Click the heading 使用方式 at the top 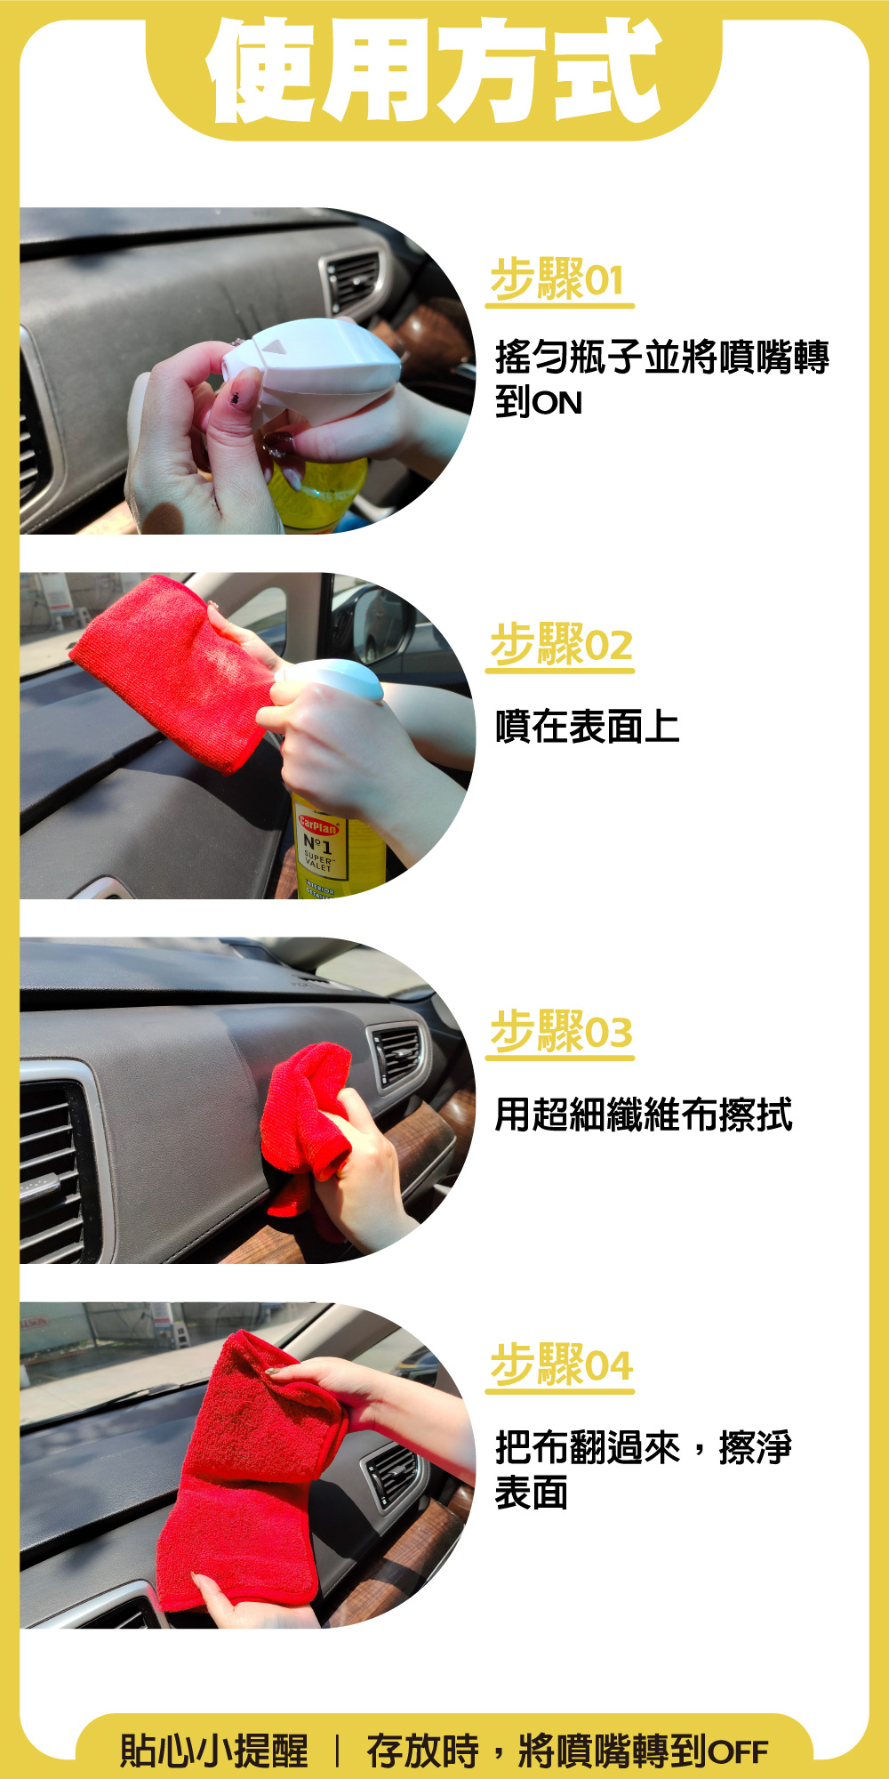(x=434, y=71)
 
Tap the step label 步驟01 (x=557, y=279)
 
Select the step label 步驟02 (x=562, y=644)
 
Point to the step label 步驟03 (x=562, y=1031)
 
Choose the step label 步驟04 (x=562, y=1364)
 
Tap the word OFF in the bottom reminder (x=738, y=1752)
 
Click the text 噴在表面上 (x=588, y=727)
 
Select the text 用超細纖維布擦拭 (x=644, y=1115)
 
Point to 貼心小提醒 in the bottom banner (x=214, y=1751)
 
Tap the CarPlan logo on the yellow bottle (x=317, y=825)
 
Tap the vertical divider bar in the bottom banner (x=337, y=1751)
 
